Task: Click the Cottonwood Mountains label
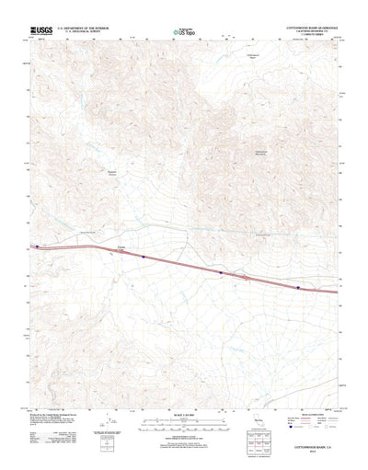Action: coord(262,151)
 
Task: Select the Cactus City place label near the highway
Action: coord(122,246)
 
